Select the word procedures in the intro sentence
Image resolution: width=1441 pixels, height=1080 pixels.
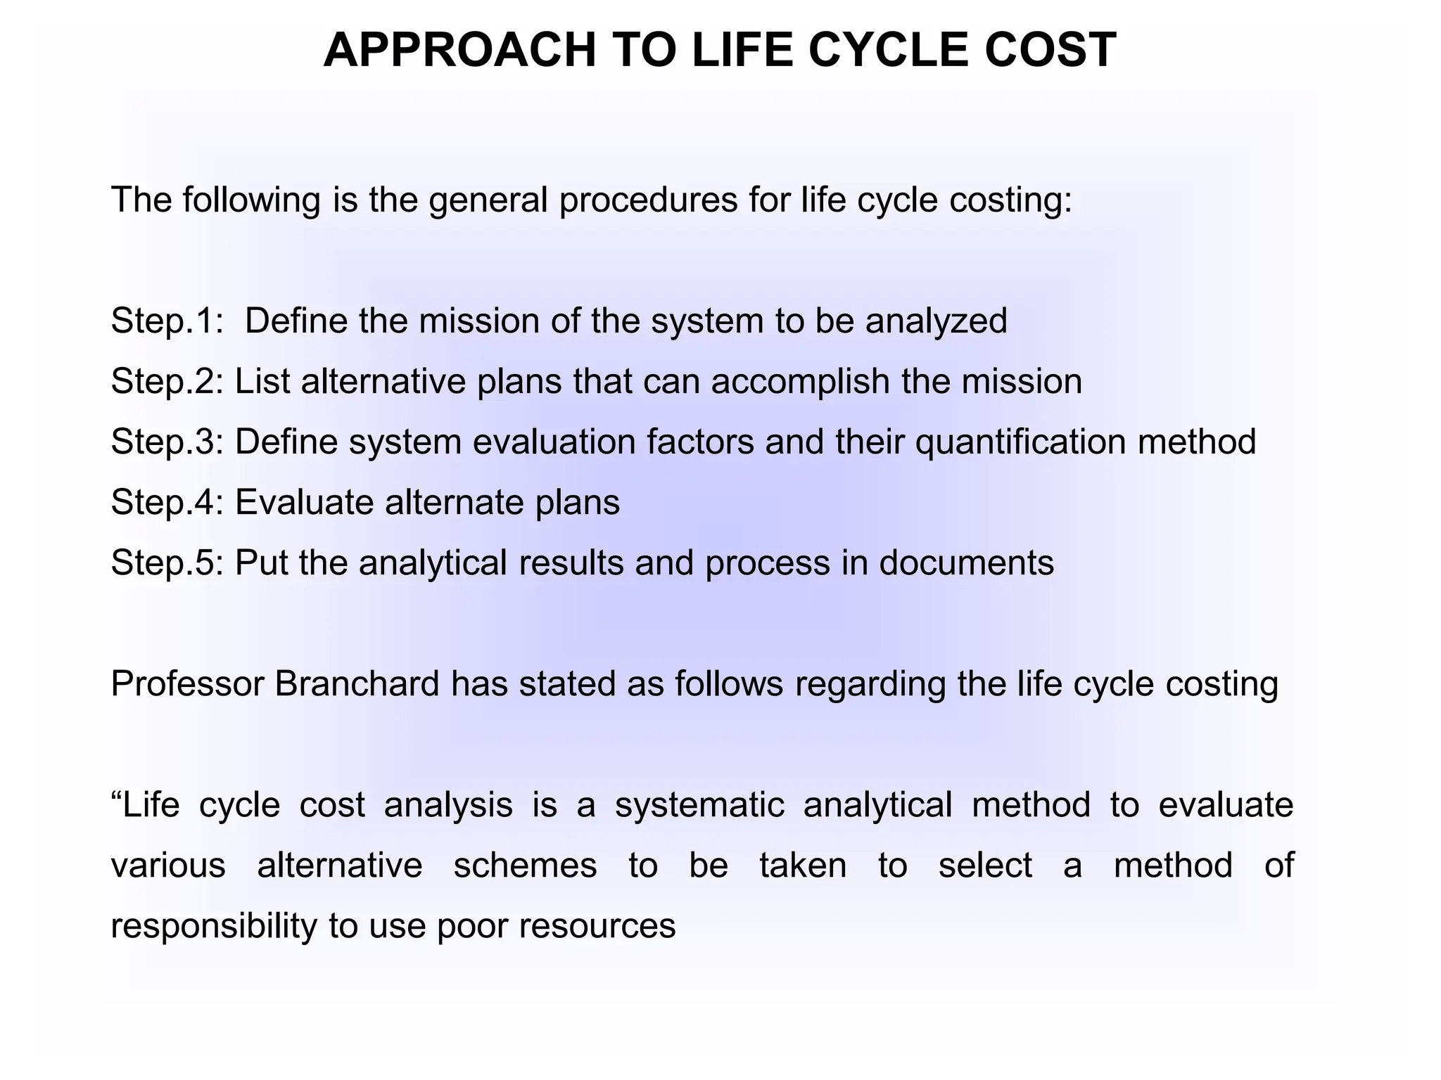tap(648, 201)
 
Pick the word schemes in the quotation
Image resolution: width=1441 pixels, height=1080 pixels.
tap(525, 866)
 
